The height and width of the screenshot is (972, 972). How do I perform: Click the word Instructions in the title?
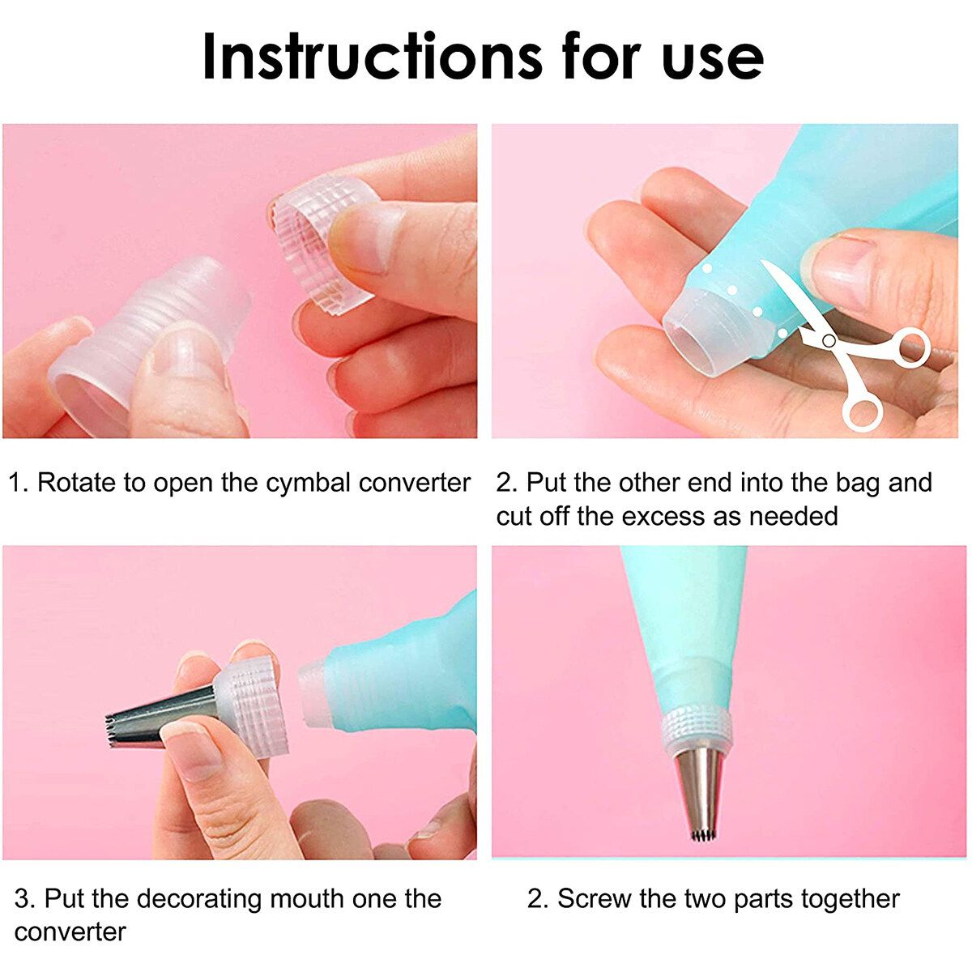click(372, 56)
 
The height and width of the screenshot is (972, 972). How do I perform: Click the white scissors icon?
click(843, 346)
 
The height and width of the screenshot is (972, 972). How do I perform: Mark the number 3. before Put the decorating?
click(24, 899)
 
